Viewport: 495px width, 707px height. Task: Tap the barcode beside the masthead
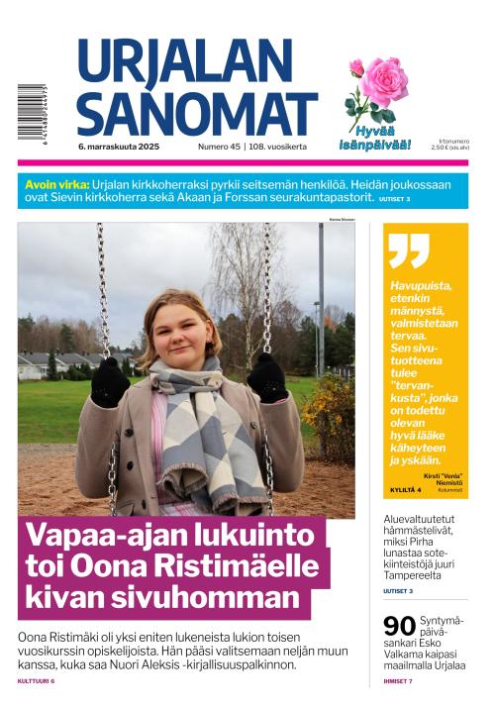pyautogui.click(x=32, y=117)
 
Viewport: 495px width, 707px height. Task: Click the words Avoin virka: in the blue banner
pyautogui.click(x=55, y=184)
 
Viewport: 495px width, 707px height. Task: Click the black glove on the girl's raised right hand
pyautogui.click(x=110, y=381)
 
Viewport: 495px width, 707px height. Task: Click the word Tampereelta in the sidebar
pyautogui.click(x=415, y=574)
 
